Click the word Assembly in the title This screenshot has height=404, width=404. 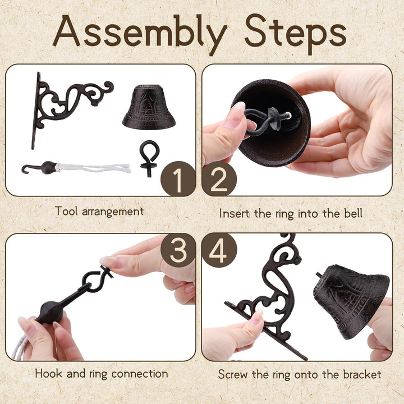[140, 34]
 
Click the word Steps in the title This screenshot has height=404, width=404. [296, 34]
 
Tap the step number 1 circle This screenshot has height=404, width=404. [178, 179]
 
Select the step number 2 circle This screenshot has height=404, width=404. [219, 179]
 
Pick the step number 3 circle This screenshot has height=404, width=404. [178, 250]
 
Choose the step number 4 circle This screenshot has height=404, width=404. [219, 250]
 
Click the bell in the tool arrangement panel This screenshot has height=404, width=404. [149, 107]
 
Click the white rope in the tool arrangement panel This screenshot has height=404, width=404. [93, 168]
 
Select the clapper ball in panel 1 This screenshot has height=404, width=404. [48, 167]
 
